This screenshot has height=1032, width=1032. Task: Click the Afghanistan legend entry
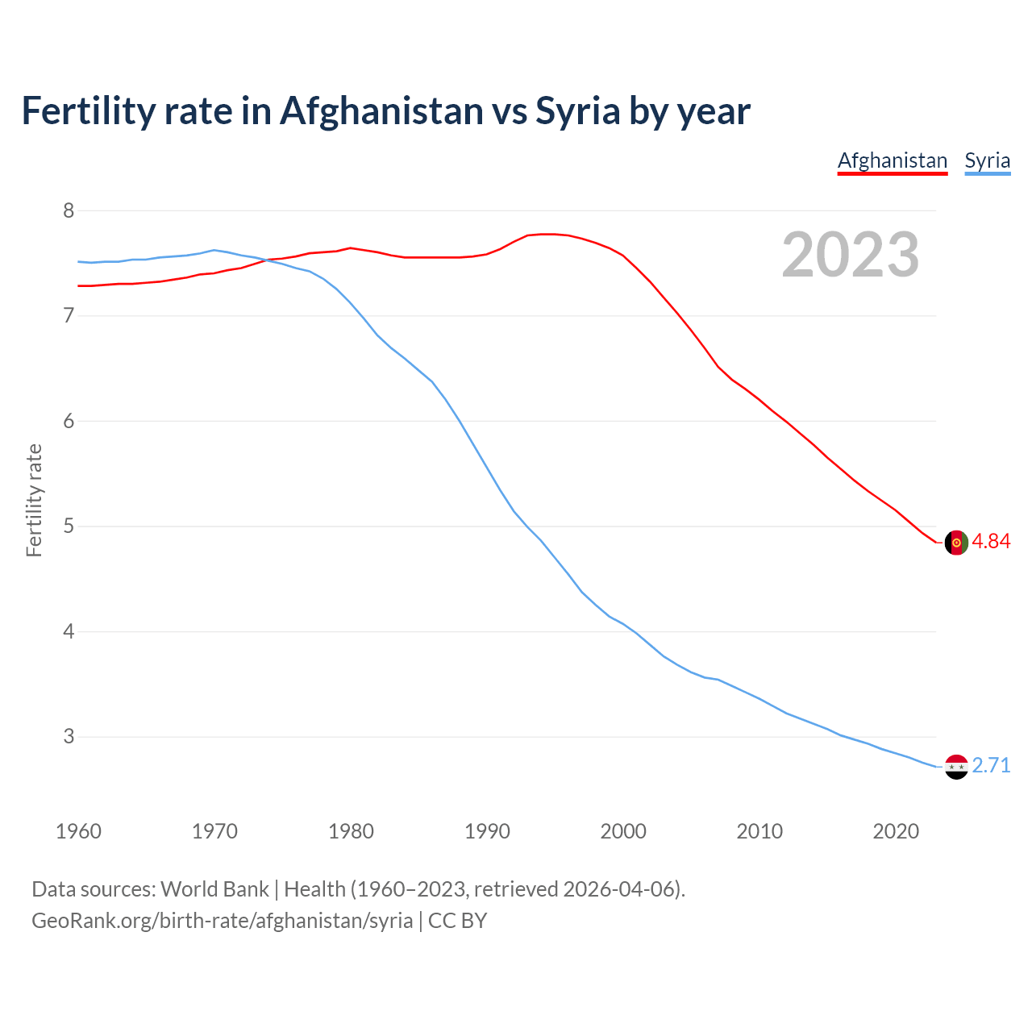pyautogui.click(x=892, y=160)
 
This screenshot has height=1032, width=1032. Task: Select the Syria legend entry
pyautogui.click(x=987, y=160)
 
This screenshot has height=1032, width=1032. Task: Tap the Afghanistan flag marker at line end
pyautogui.click(x=955, y=543)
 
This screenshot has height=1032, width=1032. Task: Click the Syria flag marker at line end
pyautogui.click(x=955, y=766)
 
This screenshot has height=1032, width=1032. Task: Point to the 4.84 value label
pyautogui.click(x=991, y=541)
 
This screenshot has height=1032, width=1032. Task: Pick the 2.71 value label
pyautogui.click(x=991, y=765)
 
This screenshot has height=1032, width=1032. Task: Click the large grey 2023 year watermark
pyautogui.click(x=850, y=255)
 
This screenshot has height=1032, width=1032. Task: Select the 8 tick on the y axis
pyautogui.click(x=69, y=210)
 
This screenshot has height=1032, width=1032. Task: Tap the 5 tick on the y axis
pyautogui.click(x=69, y=526)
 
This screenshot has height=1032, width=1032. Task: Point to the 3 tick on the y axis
pyautogui.click(x=69, y=736)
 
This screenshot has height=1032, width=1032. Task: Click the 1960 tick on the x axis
pyautogui.click(x=78, y=831)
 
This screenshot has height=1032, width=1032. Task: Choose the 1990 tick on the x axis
pyautogui.click(x=487, y=831)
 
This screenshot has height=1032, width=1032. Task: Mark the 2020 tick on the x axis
pyautogui.click(x=896, y=831)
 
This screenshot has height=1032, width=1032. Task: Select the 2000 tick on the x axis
pyautogui.click(x=623, y=831)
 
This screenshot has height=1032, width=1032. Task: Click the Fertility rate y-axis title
pyautogui.click(x=34, y=500)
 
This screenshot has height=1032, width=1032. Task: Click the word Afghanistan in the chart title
pyautogui.click(x=381, y=111)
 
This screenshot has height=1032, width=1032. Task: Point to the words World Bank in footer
pyautogui.click(x=214, y=889)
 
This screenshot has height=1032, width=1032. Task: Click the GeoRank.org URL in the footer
pyautogui.click(x=222, y=921)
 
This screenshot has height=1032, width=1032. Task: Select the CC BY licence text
pyautogui.click(x=457, y=921)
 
